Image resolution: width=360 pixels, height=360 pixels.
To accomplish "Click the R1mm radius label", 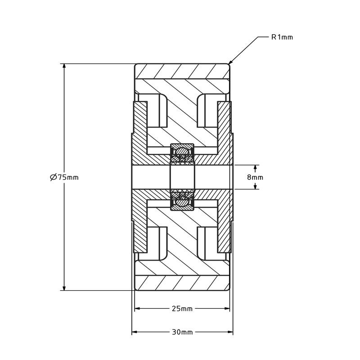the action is click(282, 37).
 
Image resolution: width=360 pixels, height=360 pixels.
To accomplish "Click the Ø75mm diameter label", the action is click(64, 177).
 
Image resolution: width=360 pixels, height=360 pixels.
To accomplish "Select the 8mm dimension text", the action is click(255, 177).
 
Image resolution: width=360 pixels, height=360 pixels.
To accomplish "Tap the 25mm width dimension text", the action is click(182, 309).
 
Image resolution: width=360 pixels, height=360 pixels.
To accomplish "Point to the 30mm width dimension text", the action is click(182, 332).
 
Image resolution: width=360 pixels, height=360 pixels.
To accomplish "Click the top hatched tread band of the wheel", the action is click(182, 71).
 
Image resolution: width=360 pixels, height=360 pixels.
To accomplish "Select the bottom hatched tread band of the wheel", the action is click(182, 283).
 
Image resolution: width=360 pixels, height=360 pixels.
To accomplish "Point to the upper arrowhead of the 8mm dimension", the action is click(255, 168).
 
